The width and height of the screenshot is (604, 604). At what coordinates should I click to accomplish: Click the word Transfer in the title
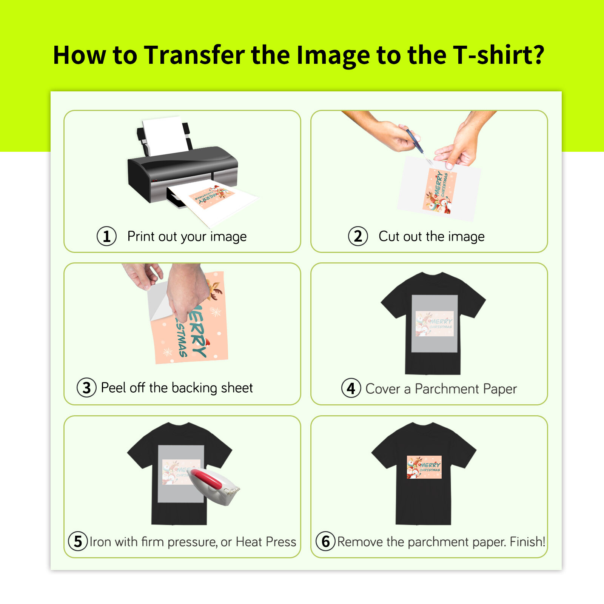click(x=194, y=55)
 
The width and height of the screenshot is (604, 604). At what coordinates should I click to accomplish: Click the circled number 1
click(x=106, y=236)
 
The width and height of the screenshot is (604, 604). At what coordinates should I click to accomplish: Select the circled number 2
click(x=357, y=236)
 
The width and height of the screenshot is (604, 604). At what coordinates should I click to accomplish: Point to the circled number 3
click(x=86, y=388)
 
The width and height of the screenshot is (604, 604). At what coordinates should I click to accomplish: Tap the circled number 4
click(x=351, y=388)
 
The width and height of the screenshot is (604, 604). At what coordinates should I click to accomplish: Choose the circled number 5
click(x=78, y=541)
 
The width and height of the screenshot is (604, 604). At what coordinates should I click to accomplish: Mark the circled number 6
click(x=325, y=541)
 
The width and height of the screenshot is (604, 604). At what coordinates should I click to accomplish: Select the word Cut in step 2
click(x=389, y=236)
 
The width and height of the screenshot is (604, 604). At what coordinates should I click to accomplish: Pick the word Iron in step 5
click(x=100, y=542)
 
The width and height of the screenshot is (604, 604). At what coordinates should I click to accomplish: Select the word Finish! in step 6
click(x=527, y=542)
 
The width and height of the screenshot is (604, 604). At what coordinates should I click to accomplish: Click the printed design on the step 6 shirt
click(x=424, y=467)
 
